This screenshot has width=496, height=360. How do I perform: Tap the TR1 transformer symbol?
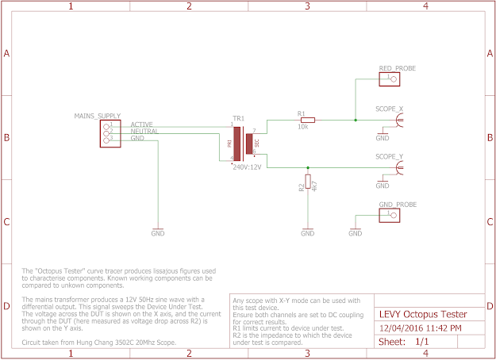[243, 144]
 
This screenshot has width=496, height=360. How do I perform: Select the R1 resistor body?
[307, 121]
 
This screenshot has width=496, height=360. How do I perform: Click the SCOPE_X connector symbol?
[402, 121]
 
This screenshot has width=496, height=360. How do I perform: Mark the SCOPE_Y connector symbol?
[402, 168]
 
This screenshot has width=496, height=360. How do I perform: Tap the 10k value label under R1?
[302, 127]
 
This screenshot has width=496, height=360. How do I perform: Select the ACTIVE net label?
[142, 124]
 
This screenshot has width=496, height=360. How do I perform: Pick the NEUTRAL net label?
[144, 132]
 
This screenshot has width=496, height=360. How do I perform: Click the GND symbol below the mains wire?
[158, 233]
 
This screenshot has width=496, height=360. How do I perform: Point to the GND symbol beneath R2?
[307, 233]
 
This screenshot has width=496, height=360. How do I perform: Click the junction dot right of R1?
[355, 121]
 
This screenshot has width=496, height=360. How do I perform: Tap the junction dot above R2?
[308, 168]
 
